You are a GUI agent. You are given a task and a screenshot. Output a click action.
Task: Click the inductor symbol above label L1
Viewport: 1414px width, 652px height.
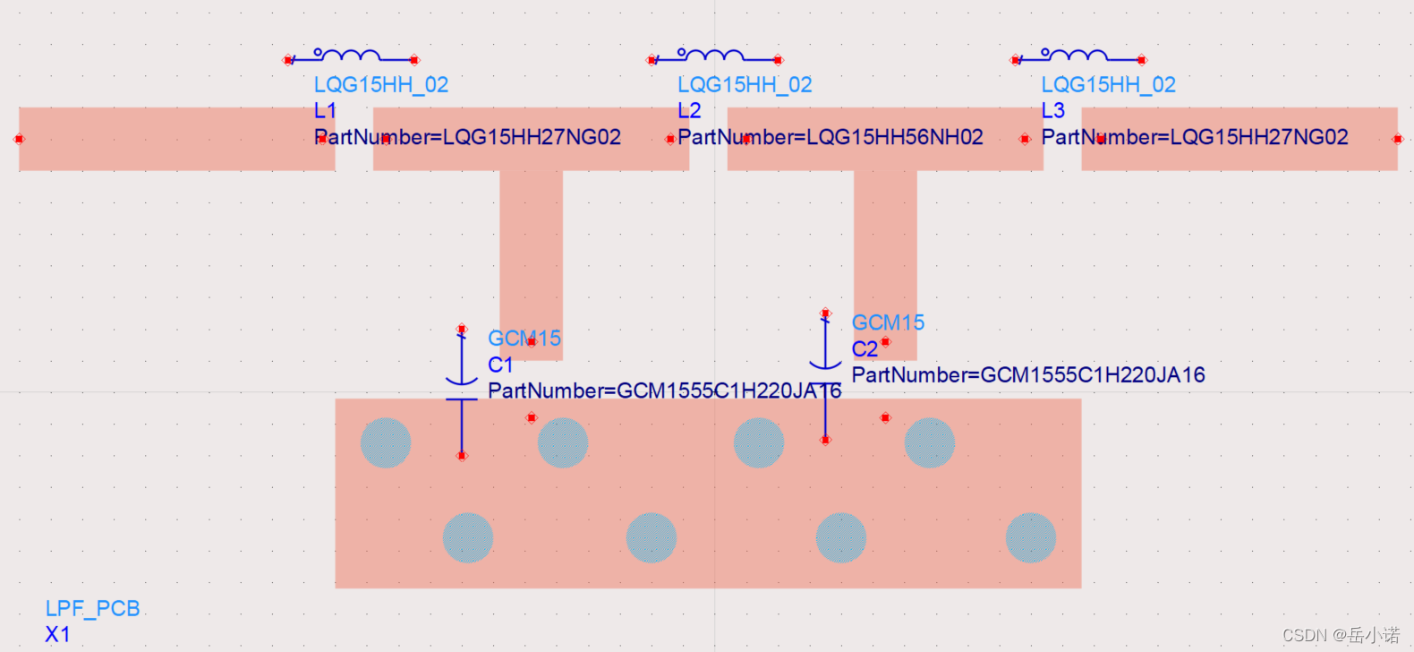pyautogui.click(x=349, y=56)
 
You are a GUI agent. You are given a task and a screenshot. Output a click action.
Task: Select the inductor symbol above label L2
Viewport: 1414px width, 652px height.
pyautogui.click(x=713, y=56)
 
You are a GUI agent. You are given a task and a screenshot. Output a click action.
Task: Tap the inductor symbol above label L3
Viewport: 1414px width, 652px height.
pyautogui.click(x=1077, y=56)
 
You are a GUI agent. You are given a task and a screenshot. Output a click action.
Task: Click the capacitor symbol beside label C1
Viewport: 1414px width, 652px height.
pyautogui.click(x=462, y=391)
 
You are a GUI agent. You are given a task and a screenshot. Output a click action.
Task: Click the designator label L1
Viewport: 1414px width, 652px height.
pyautogui.click(x=325, y=111)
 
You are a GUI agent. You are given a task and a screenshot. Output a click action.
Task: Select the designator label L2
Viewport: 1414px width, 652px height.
pyautogui.click(x=689, y=111)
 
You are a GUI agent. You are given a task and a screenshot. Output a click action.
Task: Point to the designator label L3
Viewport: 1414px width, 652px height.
pyautogui.click(x=1052, y=111)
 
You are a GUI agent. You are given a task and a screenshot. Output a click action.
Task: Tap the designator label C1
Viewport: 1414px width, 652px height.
pyautogui.click(x=500, y=365)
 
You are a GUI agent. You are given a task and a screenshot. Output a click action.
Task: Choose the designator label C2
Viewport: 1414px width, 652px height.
pyautogui.click(x=864, y=349)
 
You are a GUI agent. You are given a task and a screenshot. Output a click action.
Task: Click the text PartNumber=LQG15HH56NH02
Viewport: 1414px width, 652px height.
pyautogui.click(x=830, y=137)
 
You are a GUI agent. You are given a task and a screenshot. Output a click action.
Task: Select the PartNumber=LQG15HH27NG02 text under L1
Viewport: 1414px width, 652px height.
pyautogui.click(x=467, y=137)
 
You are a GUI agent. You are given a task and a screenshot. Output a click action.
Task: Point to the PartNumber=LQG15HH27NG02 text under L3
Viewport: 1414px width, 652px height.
pyautogui.click(x=1194, y=137)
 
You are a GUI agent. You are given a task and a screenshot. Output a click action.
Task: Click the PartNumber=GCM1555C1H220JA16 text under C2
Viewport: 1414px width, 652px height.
pyautogui.click(x=1027, y=375)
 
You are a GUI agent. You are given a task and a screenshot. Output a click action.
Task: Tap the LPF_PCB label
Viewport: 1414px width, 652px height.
pyautogui.click(x=92, y=609)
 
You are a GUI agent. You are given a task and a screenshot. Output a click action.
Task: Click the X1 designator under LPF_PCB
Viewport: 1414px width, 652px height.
pyautogui.click(x=57, y=635)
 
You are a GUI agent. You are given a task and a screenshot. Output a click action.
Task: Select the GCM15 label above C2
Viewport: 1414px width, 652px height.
pyautogui.click(x=888, y=322)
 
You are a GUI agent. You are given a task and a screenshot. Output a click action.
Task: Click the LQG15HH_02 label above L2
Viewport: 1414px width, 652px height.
pyautogui.click(x=745, y=85)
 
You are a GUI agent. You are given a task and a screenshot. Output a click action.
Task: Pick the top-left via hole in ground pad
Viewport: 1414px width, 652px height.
pyautogui.click(x=386, y=442)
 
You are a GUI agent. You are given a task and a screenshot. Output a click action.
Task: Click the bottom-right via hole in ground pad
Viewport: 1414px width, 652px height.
pyautogui.click(x=1030, y=537)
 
